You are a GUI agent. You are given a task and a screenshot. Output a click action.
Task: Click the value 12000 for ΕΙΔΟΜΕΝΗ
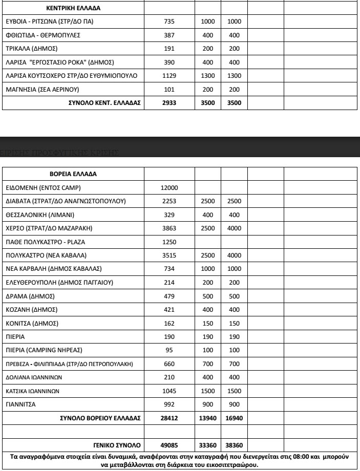(x=170, y=187)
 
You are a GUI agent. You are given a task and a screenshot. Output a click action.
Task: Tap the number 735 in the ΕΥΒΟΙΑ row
(x=170, y=23)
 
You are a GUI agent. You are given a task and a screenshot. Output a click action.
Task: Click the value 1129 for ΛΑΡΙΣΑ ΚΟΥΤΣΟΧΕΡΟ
(x=170, y=76)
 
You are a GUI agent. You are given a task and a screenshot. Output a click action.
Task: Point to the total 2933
(x=170, y=102)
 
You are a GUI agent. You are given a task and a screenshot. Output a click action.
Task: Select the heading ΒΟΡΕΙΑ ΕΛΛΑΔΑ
(x=74, y=174)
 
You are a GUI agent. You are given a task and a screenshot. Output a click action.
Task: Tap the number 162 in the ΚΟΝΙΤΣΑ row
(x=170, y=323)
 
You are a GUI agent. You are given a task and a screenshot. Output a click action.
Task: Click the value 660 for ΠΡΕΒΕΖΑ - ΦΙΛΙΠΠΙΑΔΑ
(x=170, y=363)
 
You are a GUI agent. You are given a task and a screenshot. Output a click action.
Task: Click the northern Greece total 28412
(x=170, y=418)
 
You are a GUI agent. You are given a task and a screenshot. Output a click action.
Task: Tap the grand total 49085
(x=170, y=444)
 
